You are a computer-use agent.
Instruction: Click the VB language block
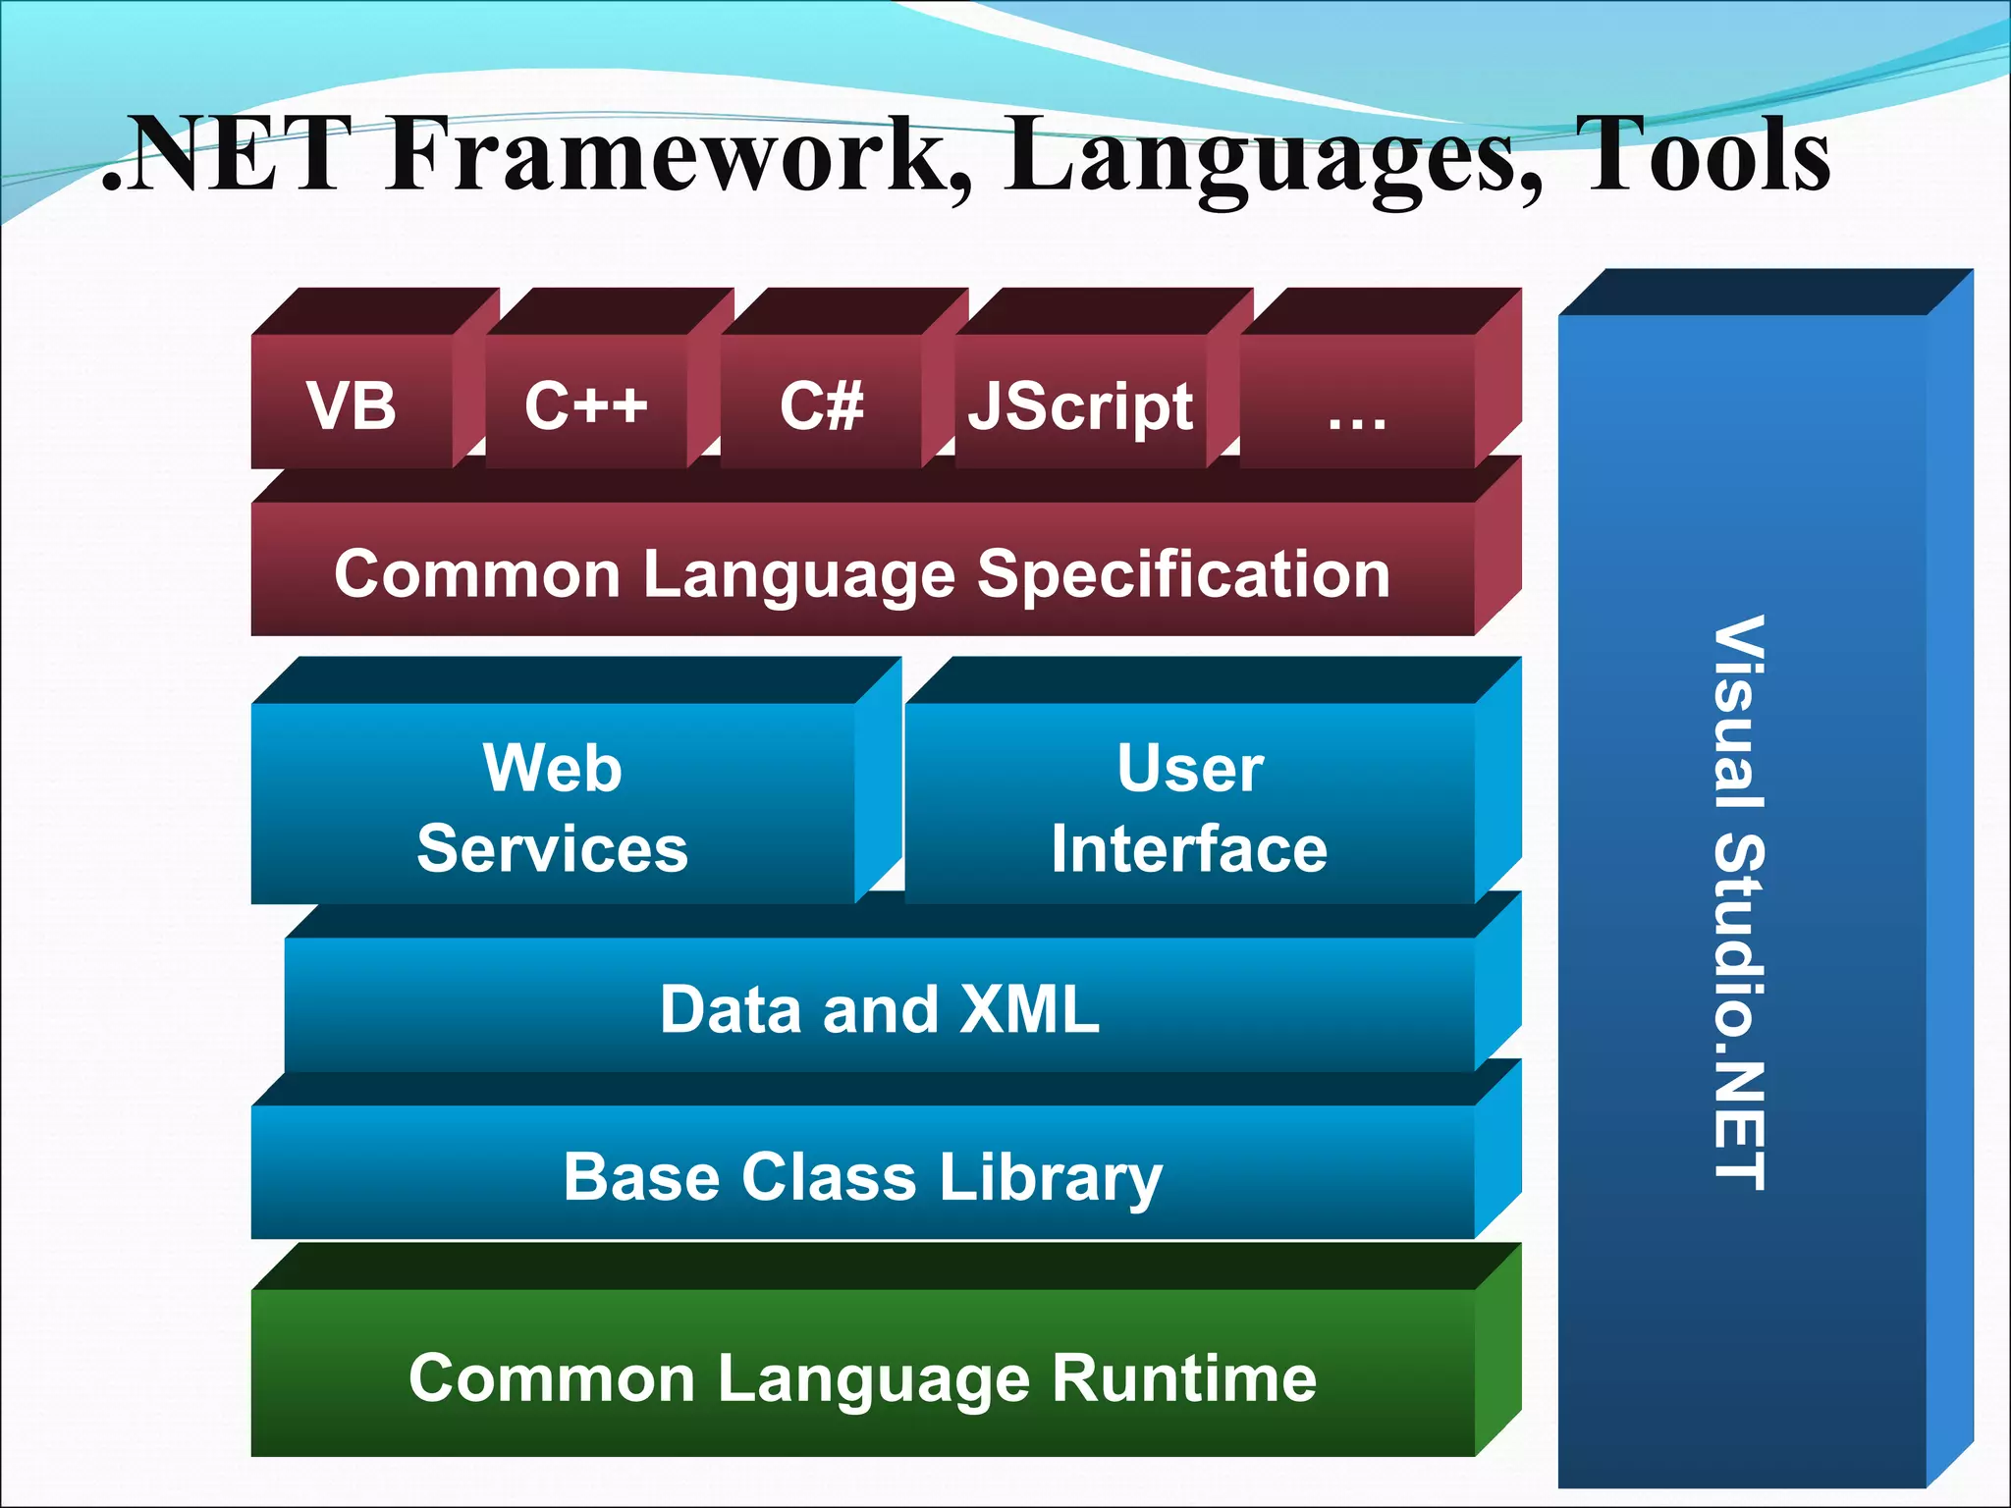[352, 404]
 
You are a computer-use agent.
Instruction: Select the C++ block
[586, 404]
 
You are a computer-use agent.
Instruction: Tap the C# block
[822, 404]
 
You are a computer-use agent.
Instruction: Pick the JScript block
[1080, 405]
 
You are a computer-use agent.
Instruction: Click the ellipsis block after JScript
[1357, 405]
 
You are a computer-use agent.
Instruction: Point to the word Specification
[1183, 574]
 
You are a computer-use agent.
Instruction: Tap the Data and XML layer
[880, 1008]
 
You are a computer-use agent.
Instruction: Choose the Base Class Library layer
[862, 1176]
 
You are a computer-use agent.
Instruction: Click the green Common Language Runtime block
[862, 1376]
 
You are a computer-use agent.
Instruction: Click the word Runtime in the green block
[1184, 1377]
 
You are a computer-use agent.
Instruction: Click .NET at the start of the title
[221, 155]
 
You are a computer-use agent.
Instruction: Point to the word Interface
[1189, 848]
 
